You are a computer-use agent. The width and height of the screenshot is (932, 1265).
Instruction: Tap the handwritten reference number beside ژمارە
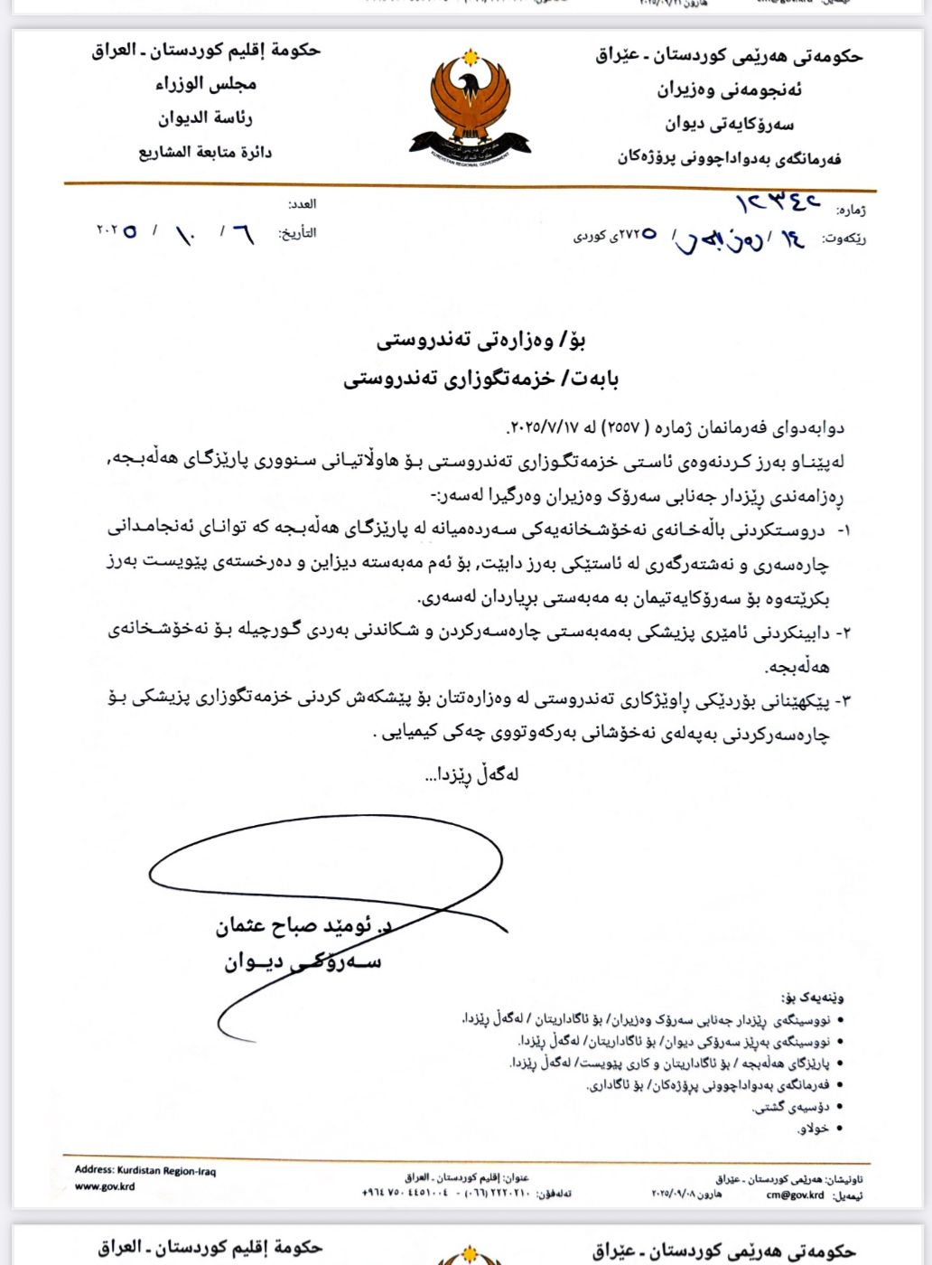tap(778, 201)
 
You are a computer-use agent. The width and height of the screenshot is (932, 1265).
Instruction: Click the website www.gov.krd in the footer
tap(105, 1186)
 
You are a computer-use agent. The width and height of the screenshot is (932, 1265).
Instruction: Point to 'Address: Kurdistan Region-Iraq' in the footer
tap(145, 1170)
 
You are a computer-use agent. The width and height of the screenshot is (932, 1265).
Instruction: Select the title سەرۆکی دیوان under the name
tap(303, 961)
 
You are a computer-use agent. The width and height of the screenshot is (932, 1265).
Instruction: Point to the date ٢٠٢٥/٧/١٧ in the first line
tap(543, 427)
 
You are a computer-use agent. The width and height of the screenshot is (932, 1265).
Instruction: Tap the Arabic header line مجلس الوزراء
tap(206, 84)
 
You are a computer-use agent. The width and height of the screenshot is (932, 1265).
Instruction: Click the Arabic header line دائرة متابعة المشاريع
tap(205, 152)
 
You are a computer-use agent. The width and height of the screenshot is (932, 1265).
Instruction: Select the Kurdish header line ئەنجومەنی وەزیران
tap(729, 89)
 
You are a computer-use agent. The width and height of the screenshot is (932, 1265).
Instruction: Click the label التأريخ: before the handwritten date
tap(297, 233)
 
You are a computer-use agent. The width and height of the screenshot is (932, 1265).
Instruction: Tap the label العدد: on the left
tap(302, 204)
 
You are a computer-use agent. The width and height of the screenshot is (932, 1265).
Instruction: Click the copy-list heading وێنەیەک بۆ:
tap(813, 998)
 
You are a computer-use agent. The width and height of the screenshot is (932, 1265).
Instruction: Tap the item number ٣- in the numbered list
tap(842, 700)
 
